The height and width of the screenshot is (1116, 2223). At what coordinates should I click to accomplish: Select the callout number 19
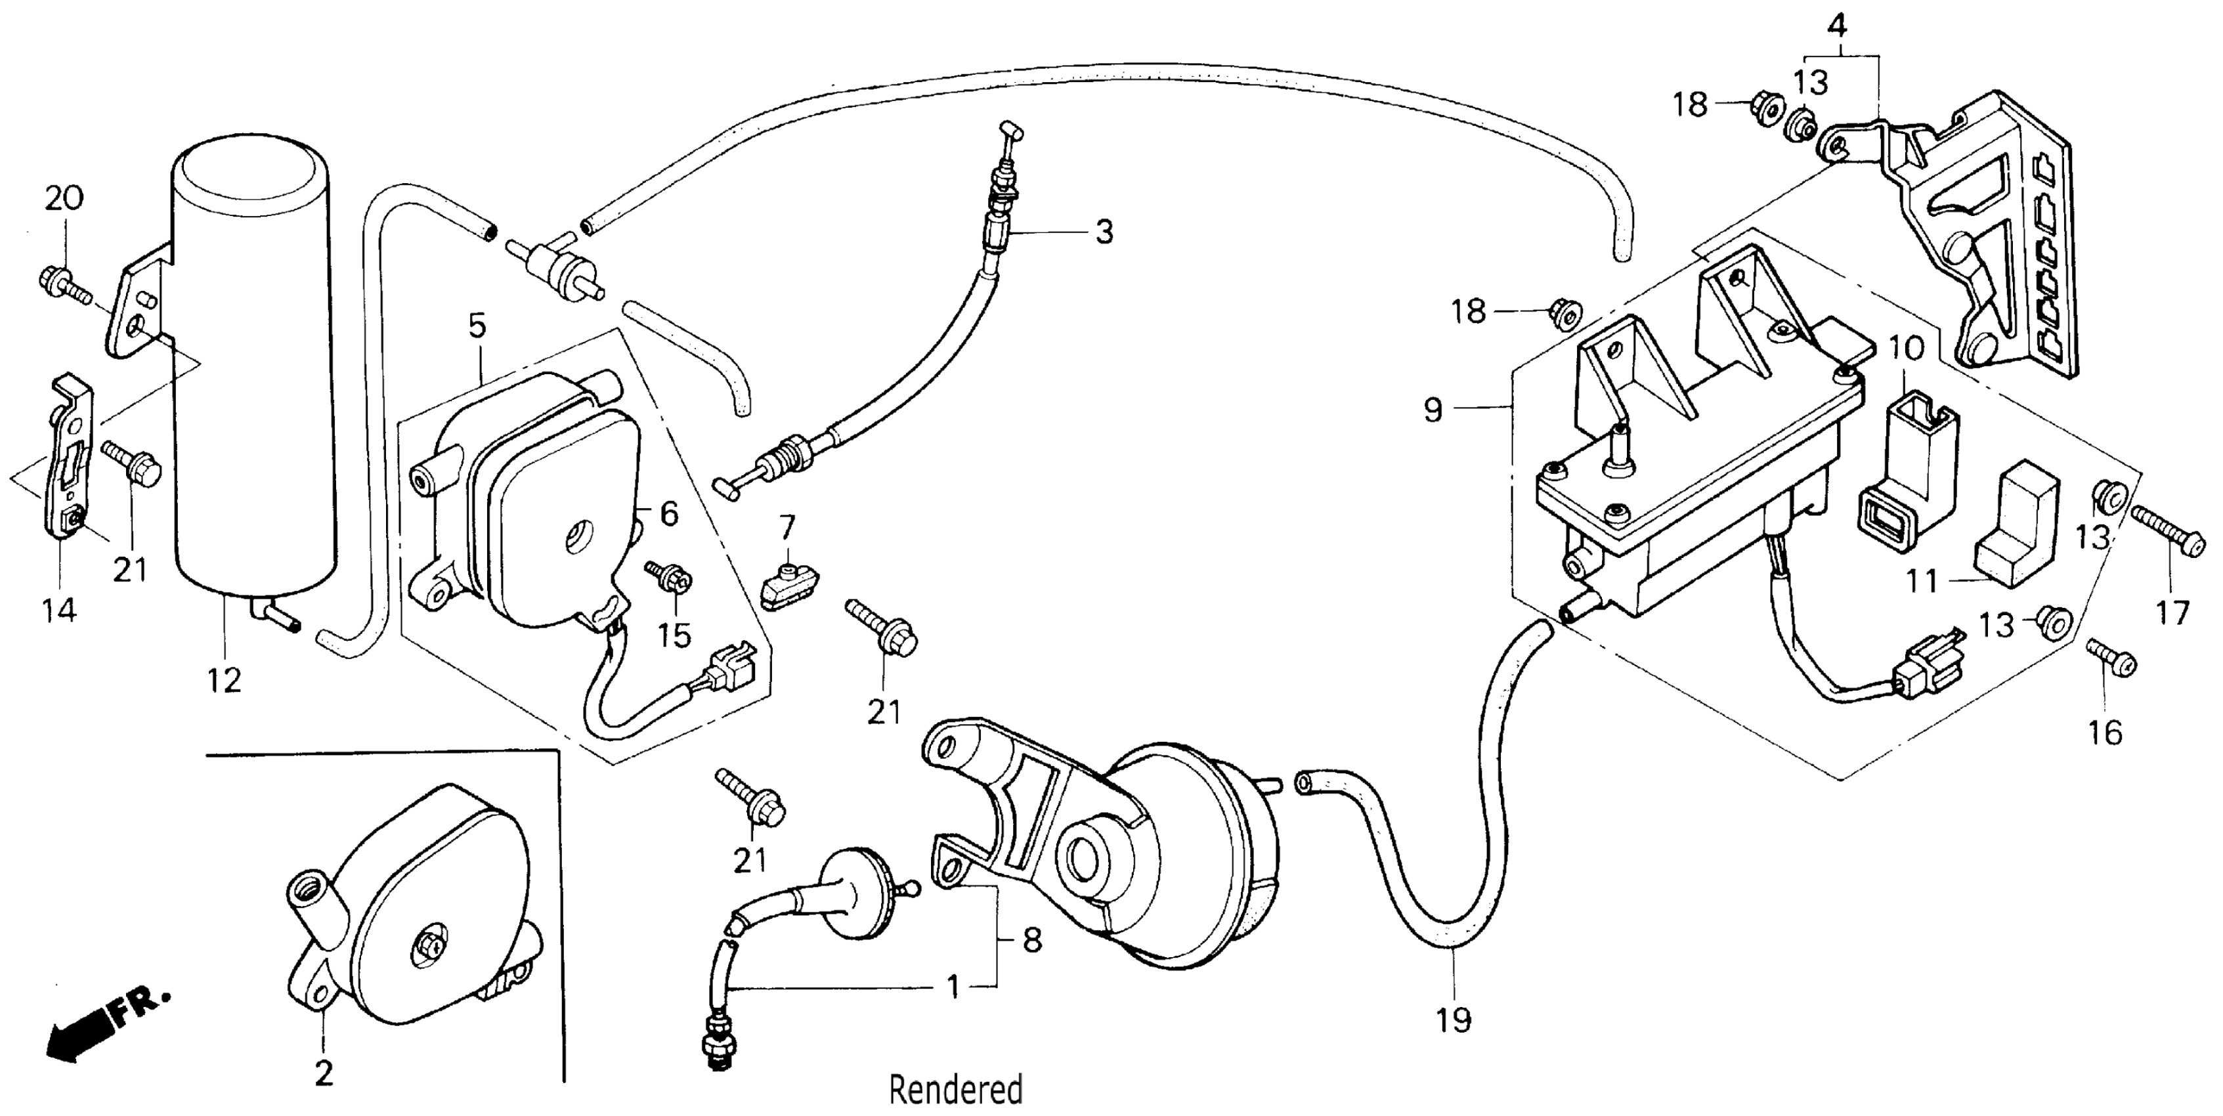coord(1454,1020)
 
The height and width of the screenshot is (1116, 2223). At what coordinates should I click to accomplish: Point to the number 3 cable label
coord(1104,231)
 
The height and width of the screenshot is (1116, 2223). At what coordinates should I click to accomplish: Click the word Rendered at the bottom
coord(955,1090)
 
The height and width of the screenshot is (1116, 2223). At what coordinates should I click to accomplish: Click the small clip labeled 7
coord(787,584)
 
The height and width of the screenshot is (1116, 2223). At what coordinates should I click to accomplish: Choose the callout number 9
coord(1433,409)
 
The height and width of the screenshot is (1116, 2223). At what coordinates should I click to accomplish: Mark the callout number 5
coord(477,326)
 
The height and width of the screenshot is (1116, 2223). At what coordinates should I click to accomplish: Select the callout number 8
coord(1032,939)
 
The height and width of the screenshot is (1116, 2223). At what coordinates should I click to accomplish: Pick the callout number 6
coord(670,513)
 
